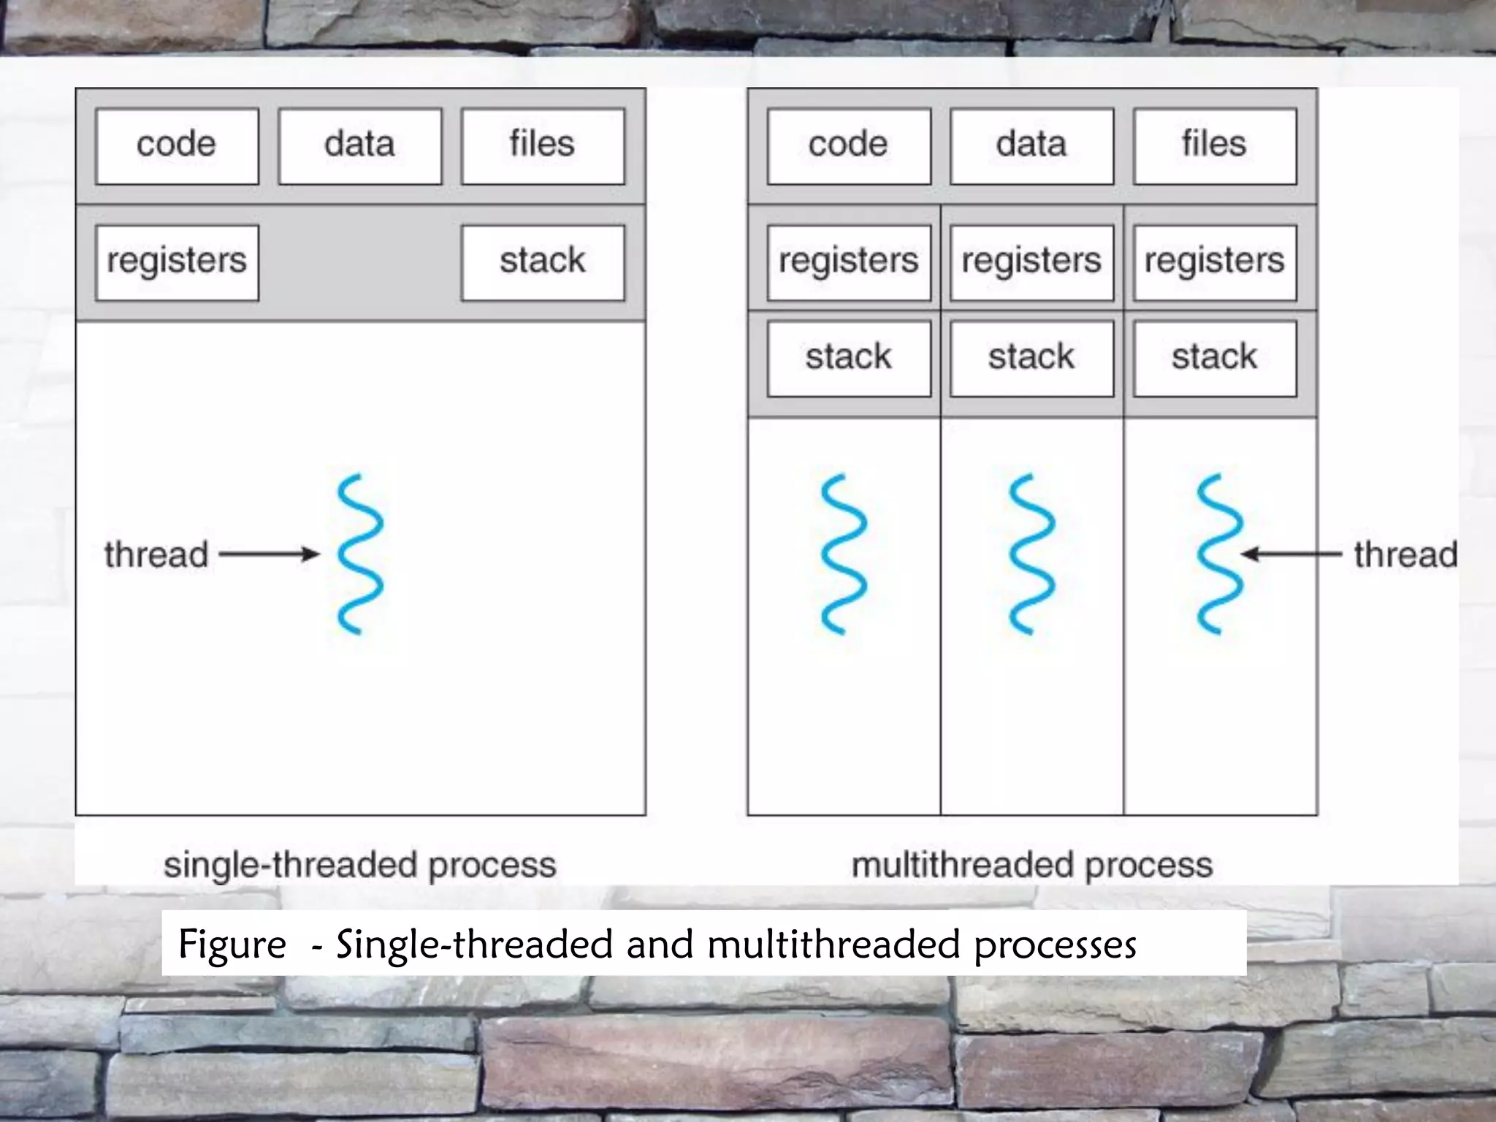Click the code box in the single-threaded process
[x=177, y=146]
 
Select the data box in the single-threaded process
[x=360, y=146]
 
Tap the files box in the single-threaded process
[x=543, y=146]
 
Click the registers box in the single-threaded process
[x=177, y=262]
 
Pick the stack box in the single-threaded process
[x=543, y=262]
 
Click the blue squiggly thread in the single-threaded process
[x=360, y=554]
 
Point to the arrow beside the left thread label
[x=269, y=554]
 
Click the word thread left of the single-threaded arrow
[x=156, y=554]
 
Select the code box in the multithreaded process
[x=849, y=146]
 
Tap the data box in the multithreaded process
[x=1031, y=146]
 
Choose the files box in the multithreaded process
[x=1215, y=146]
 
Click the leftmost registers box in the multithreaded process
[x=849, y=262]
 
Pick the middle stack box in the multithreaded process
[x=1031, y=358]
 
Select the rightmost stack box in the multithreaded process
[x=1215, y=358]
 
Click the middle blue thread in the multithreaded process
[x=1031, y=554]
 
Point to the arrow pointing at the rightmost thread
[x=1291, y=554]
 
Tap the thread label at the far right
[x=1405, y=554]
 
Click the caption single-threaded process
[x=360, y=865]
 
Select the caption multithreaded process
[x=1032, y=865]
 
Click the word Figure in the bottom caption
[x=232, y=944]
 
